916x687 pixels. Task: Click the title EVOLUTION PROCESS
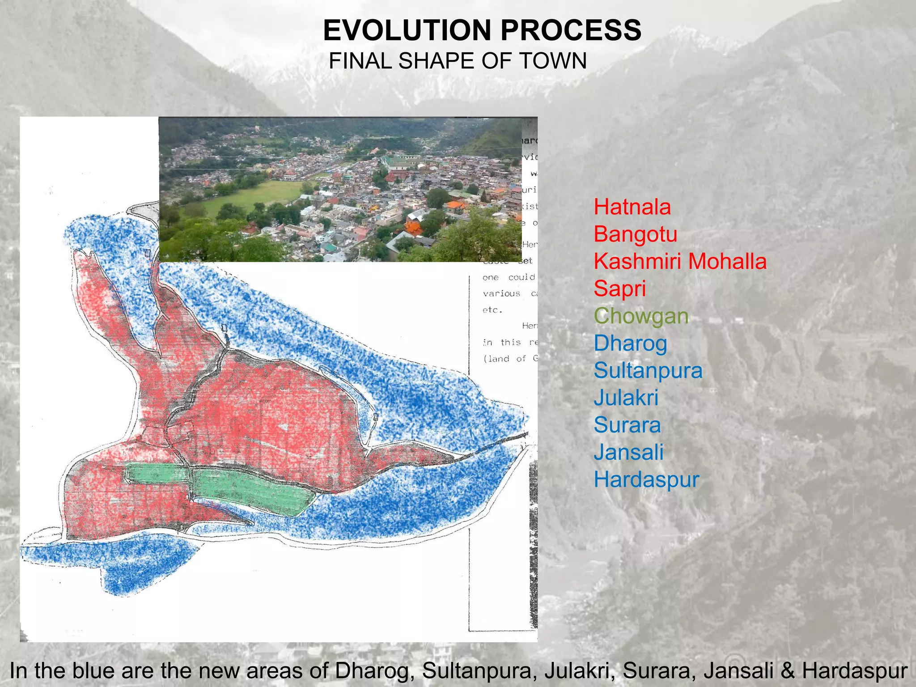(482, 30)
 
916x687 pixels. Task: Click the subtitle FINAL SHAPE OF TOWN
(458, 61)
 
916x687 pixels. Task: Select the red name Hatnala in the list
(632, 207)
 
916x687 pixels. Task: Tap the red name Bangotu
(635, 234)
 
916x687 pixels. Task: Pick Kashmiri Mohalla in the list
(680, 262)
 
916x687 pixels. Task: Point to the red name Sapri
(619, 289)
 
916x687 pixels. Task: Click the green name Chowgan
(641, 316)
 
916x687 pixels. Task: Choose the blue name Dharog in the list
(630, 343)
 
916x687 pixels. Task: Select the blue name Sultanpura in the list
(648, 371)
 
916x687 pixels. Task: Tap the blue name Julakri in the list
(626, 398)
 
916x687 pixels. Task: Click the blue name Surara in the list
(627, 425)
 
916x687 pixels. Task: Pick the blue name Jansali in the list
(628, 453)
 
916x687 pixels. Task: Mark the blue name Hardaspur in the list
(646, 480)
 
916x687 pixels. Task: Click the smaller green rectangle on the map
(157, 474)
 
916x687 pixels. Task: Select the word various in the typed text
(501, 294)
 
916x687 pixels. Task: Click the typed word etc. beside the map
(492, 310)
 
